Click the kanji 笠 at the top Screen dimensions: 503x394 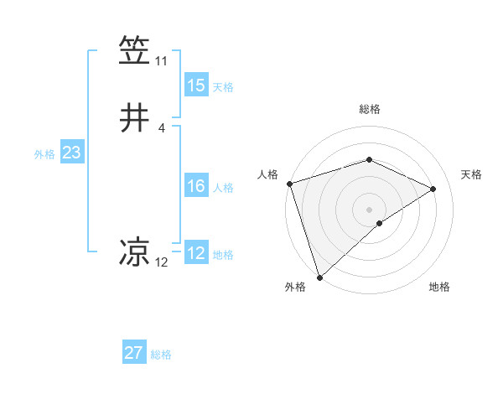click(135, 49)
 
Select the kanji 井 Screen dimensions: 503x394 click(135, 118)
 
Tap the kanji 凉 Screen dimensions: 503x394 click(135, 251)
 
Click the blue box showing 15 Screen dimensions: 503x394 click(196, 86)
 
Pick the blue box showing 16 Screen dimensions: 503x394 click(196, 186)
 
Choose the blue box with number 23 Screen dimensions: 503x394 click(71, 153)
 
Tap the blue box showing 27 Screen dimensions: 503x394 click(134, 353)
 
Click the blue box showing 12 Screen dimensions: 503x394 click(196, 253)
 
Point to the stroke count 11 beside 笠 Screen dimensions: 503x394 click(161, 61)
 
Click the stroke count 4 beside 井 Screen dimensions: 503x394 click(161, 128)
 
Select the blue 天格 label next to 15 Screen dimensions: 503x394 click(223, 87)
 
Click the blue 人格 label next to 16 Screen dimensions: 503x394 click(223, 188)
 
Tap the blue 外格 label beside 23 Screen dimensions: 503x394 click(44, 154)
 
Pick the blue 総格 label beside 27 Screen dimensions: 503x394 click(161, 355)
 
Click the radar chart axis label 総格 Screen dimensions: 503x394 click(369, 109)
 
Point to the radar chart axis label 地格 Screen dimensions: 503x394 click(439, 287)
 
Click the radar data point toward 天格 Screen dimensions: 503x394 click(433, 189)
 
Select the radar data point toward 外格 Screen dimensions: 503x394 click(319, 277)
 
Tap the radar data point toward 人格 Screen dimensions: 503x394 click(289, 184)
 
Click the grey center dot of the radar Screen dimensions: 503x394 click(369, 209)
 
